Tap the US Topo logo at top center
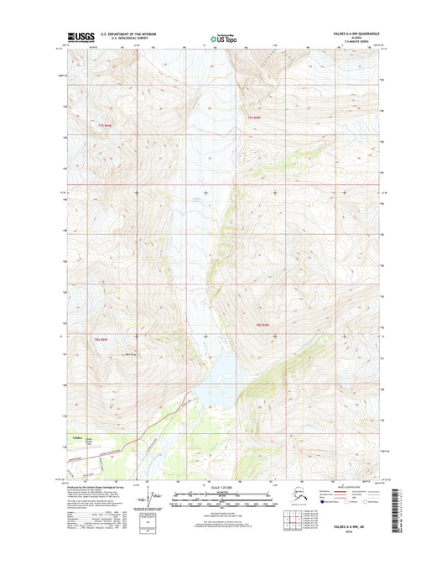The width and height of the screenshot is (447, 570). click(x=223, y=37)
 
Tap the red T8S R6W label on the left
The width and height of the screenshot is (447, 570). click(x=102, y=338)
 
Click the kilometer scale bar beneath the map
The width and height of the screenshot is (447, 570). click(x=223, y=494)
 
